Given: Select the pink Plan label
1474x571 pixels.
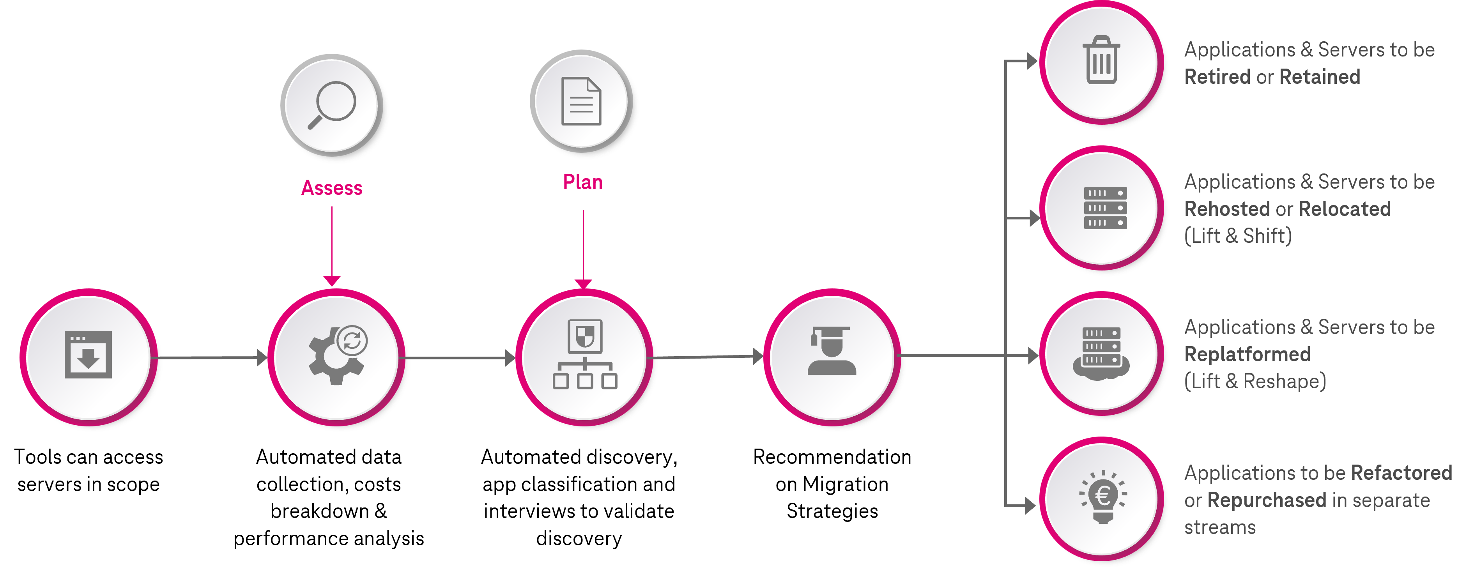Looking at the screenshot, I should [x=582, y=182].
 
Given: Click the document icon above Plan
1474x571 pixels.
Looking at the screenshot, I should [x=581, y=101].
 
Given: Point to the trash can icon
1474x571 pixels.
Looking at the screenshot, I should [x=1101, y=60].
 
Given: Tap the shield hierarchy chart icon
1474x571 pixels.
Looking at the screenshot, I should [x=585, y=354].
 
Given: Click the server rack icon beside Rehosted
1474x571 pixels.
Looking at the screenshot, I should [x=1105, y=208].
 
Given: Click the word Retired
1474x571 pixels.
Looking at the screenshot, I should [x=1217, y=77].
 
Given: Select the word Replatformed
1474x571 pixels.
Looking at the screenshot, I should [x=1248, y=354].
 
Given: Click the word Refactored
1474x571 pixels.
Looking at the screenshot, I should [x=1401, y=473].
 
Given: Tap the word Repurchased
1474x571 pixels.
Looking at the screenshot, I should [x=1266, y=500].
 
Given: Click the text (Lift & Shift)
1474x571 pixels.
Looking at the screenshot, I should [x=1238, y=236].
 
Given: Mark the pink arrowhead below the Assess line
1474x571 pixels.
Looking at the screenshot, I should [x=332, y=280].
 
